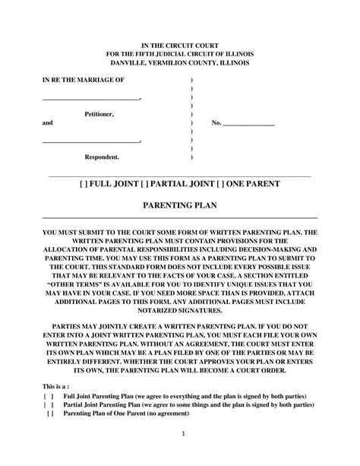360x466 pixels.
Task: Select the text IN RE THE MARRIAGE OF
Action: click(x=84, y=80)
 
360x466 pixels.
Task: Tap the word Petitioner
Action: click(x=99, y=113)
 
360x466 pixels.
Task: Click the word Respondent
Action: click(x=101, y=157)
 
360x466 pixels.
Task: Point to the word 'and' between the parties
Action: click(x=47, y=122)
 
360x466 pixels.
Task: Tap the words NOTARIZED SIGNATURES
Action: click(x=180, y=309)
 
